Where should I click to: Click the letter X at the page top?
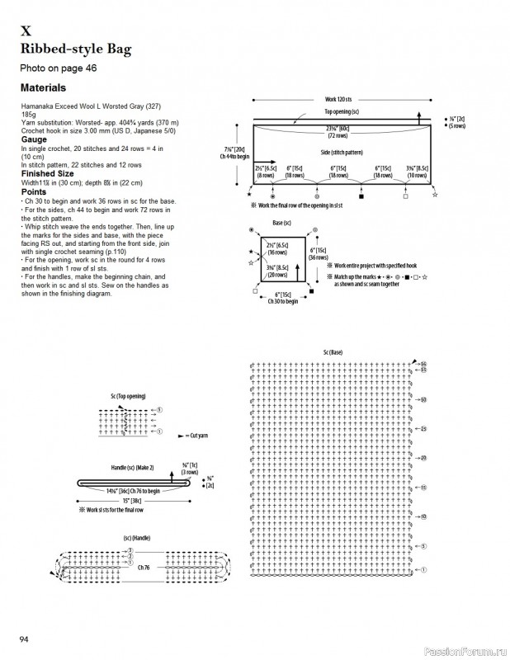click(26, 32)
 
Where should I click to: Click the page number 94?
click(25, 639)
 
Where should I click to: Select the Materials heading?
click(43, 87)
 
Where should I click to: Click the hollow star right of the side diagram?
click(435, 195)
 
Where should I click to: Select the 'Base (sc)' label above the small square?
click(282, 223)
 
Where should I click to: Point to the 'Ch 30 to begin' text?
click(283, 302)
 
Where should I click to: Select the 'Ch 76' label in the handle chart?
click(144, 567)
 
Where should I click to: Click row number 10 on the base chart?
click(423, 516)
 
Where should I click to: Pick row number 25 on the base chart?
click(423, 429)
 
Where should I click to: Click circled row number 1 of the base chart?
click(423, 569)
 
